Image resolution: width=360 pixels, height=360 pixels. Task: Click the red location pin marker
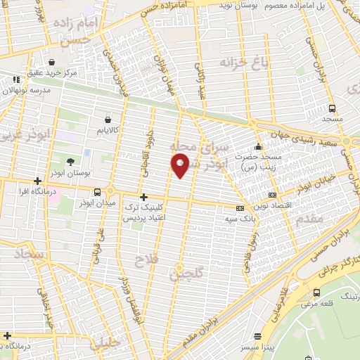click(x=181, y=165)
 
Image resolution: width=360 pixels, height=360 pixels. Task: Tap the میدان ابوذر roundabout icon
click(x=110, y=191)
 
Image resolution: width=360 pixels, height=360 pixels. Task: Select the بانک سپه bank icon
click(x=240, y=208)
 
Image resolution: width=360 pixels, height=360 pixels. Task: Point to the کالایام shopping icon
click(x=107, y=120)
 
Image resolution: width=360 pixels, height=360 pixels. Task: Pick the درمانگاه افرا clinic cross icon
click(x=37, y=181)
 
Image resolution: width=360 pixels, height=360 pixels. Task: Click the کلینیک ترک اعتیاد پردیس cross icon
click(x=144, y=197)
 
